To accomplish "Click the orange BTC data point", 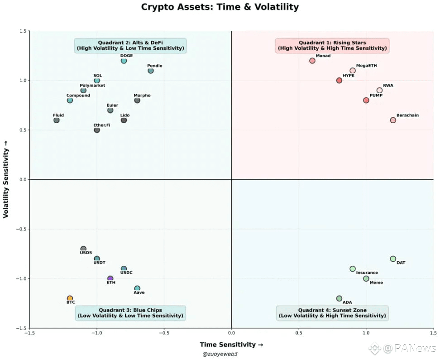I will click(x=70, y=298).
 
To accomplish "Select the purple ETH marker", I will click(x=110, y=278).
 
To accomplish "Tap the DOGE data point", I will click(x=124, y=61).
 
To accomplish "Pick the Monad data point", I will click(x=312, y=61).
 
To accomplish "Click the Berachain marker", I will click(x=393, y=120).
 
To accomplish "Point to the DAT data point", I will click(x=393, y=259).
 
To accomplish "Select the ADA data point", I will click(x=339, y=298).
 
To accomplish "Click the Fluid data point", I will click(x=56, y=120).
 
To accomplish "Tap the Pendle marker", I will click(x=151, y=71).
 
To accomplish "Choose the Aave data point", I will click(x=137, y=288).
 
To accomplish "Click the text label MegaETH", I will click(x=366, y=66).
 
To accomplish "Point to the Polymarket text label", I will click(x=92, y=85).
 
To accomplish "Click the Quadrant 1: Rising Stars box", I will click(x=332, y=45).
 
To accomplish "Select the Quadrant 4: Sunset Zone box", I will click(x=332, y=313).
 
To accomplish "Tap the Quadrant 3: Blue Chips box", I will click(x=130, y=313).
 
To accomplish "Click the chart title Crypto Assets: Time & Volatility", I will click(x=220, y=7).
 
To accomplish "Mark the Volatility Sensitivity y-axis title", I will click(x=6, y=179).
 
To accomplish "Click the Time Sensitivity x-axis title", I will click(x=231, y=345).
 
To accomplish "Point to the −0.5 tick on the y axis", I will click(x=21, y=229).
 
